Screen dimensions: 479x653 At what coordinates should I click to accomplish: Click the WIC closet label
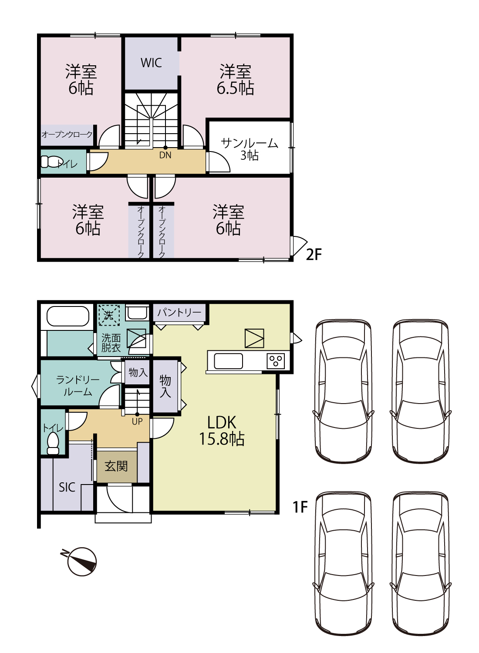(151, 63)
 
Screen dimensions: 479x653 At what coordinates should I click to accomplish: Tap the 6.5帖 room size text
(235, 88)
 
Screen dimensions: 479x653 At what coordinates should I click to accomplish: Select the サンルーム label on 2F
(249, 143)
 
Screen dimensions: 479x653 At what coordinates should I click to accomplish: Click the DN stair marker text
(165, 155)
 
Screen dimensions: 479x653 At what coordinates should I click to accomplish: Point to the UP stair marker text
(137, 421)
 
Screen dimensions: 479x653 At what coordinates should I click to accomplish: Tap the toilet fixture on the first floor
(53, 443)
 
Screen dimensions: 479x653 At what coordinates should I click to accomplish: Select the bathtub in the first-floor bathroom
(67, 316)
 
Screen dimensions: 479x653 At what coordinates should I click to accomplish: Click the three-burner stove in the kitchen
(276, 361)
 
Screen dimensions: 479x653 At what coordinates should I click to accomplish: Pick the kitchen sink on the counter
(228, 361)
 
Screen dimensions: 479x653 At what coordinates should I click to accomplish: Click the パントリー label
(179, 313)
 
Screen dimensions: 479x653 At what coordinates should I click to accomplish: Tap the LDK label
(222, 422)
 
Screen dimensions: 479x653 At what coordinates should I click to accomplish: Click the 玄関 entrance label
(116, 466)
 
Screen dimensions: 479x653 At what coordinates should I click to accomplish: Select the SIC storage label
(67, 487)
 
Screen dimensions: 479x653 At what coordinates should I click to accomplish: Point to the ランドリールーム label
(78, 386)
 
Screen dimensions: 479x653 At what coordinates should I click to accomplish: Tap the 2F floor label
(314, 255)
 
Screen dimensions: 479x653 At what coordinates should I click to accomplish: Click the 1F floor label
(300, 507)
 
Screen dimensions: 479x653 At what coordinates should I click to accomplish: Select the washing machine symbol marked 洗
(108, 315)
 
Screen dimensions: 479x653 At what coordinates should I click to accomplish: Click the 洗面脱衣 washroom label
(111, 343)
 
